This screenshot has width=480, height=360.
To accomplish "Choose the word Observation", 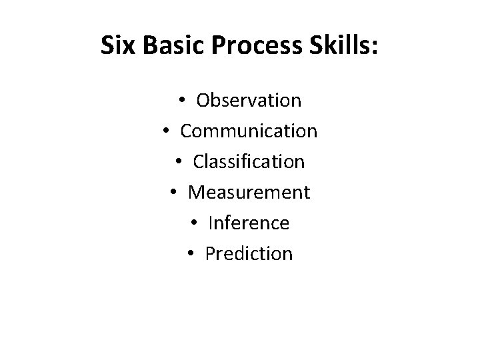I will pos(249,101).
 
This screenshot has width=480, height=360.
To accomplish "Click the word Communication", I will pos(249,131).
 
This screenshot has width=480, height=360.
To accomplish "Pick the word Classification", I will pos(249,162).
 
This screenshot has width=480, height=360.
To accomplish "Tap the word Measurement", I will pos(249,193).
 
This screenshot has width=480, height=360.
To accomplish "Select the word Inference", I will pos(249,223).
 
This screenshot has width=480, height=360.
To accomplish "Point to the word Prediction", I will pos(249,254).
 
